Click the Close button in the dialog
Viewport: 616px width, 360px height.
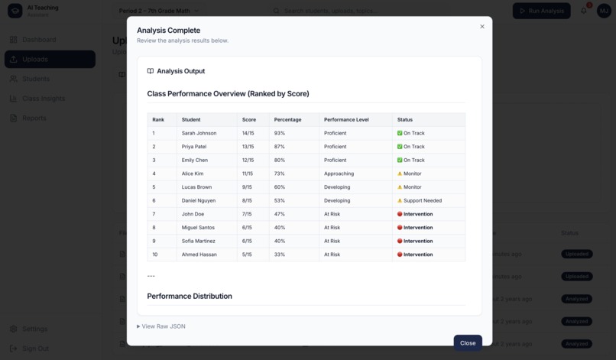coord(468,343)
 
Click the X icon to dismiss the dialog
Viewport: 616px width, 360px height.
coord(482,27)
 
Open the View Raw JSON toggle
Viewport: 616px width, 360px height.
coord(161,326)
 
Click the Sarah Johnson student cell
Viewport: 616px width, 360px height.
coord(199,133)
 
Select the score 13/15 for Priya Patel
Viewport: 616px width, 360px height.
coord(248,147)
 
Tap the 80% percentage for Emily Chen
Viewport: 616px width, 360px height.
coord(280,161)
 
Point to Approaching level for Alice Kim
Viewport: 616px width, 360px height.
coord(339,174)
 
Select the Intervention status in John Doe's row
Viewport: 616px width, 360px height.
coord(417,214)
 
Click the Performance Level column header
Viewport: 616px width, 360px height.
coord(346,120)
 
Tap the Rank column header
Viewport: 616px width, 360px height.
coord(158,120)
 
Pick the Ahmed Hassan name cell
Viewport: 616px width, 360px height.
coord(199,255)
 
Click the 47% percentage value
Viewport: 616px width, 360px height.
coord(280,214)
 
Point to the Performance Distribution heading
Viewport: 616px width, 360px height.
coord(190,296)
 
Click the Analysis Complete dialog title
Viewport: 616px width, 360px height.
coord(168,31)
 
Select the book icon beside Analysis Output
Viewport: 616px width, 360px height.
coord(151,71)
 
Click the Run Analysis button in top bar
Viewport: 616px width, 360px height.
coord(541,11)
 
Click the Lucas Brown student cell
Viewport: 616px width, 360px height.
coord(196,187)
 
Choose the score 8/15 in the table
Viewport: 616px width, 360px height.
coord(248,201)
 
